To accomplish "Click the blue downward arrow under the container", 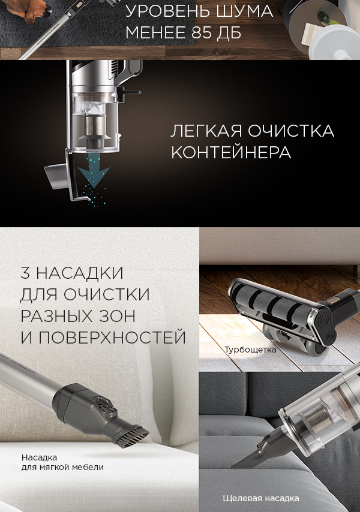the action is click(94, 173).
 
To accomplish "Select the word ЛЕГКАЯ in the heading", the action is click(206, 131).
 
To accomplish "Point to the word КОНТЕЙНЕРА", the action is click(231, 152).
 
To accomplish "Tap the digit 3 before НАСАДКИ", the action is click(25, 273).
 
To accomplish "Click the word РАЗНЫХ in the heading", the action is click(55, 316).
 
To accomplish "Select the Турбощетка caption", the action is click(250, 350).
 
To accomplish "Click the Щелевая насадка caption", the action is click(260, 498).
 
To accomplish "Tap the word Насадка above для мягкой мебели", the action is click(39, 457).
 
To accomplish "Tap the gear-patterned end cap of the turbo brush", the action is click(323, 326).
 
